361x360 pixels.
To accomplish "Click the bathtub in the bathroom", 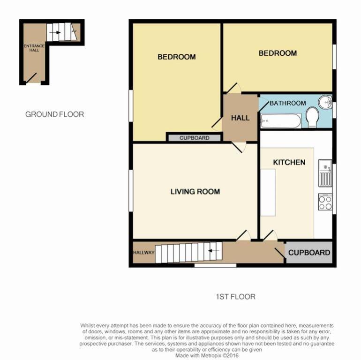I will pos(281,122).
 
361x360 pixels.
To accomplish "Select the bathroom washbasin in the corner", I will pos(325,102).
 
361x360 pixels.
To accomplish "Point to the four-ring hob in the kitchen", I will pos(325,202).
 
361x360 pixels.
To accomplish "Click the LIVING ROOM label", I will pos(195,191).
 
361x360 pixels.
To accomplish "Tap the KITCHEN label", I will pos(289,162).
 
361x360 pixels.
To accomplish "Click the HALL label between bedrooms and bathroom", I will pos(240,118).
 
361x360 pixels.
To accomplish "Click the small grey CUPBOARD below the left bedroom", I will pos(194,138).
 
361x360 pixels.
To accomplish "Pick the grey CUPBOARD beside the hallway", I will pos(309,253).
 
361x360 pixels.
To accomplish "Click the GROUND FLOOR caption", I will pos(54,114).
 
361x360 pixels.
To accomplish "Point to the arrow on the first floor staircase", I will pos(214,251).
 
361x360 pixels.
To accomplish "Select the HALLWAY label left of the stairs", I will pos(143,253).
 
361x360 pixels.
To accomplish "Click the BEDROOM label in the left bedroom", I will pos(176,57).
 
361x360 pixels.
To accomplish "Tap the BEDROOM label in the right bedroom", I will pos(278,53).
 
